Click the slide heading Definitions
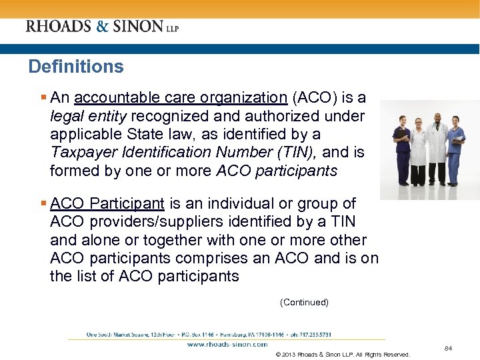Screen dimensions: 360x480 (x=76, y=67)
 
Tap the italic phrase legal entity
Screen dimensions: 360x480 (x=87, y=117)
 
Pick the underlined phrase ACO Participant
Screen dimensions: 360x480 (x=107, y=203)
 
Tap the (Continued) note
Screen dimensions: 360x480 (x=304, y=303)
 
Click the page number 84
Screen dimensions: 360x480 (x=448, y=348)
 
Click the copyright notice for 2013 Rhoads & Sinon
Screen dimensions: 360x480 (x=342, y=354)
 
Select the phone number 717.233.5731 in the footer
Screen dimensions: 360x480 (x=312, y=334)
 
